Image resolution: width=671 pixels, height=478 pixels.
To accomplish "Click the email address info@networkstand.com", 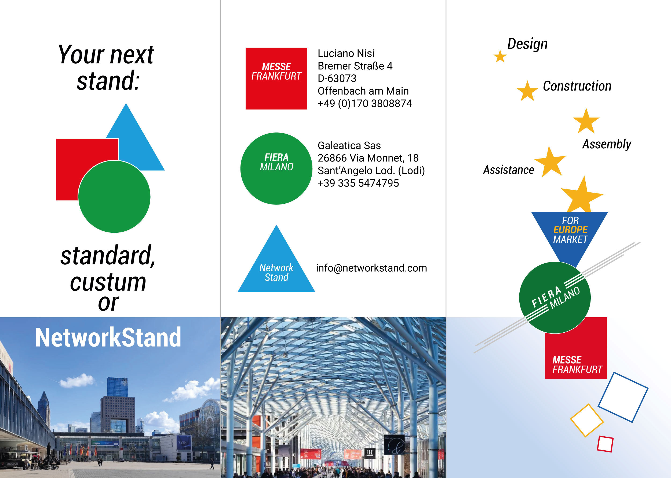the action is pyautogui.click(x=371, y=268).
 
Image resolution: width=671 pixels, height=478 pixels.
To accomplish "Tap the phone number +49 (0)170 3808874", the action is pyautogui.click(x=364, y=104).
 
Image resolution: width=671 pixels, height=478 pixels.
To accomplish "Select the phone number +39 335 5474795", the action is pyautogui.click(x=358, y=183).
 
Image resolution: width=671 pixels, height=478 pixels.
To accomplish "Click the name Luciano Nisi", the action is pyautogui.click(x=346, y=53).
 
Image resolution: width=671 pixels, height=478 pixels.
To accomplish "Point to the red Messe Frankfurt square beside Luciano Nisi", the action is pyautogui.click(x=276, y=78).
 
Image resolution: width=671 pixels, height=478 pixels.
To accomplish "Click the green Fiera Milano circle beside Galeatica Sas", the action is pyautogui.click(x=276, y=169).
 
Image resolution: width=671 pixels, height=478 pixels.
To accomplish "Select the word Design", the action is pyautogui.click(x=527, y=44).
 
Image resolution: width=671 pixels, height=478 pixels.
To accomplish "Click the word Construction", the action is pyautogui.click(x=577, y=86).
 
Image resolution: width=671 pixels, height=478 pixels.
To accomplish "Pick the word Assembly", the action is pyautogui.click(x=607, y=144).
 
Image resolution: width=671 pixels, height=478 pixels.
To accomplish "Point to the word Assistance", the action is pyautogui.click(x=509, y=170).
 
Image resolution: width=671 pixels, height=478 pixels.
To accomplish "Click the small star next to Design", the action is pyautogui.click(x=500, y=56).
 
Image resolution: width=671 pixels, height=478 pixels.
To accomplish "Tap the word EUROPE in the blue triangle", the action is pyautogui.click(x=570, y=229).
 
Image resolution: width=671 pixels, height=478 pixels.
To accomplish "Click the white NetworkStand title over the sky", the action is pyautogui.click(x=108, y=337).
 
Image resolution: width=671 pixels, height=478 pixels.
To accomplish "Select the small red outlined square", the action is pyautogui.click(x=605, y=444).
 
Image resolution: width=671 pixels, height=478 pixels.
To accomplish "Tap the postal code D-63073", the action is pyautogui.click(x=337, y=78).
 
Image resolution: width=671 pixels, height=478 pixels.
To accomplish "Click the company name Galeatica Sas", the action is pyautogui.click(x=349, y=145).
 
